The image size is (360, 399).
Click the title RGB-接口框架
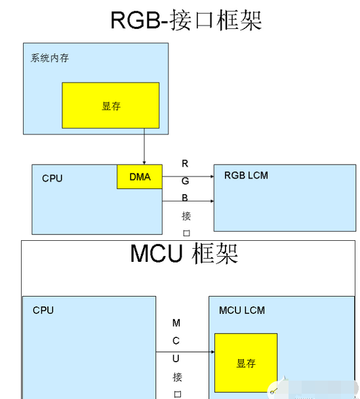(186, 20)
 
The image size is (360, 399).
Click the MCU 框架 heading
(184, 253)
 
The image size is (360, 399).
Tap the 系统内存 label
(50, 58)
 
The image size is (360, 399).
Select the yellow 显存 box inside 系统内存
(111, 106)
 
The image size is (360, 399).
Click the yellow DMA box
(140, 177)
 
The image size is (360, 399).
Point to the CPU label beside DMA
(52, 178)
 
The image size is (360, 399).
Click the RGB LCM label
(246, 175)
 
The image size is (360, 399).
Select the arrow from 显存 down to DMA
(144, 146)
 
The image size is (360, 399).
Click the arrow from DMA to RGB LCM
(188, 177)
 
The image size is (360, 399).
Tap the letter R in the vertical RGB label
(185, 163)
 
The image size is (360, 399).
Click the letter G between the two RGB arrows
(185, 181)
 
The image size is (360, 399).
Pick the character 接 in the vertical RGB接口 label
(186, 216)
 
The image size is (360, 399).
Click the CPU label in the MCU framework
(43, 310)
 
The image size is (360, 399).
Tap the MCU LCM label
(242, 310)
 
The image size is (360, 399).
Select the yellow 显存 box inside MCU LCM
(246, 363)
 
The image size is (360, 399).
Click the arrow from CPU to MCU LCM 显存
(185, 352)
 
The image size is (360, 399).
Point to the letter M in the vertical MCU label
(176, 323)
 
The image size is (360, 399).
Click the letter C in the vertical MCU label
(176, 341)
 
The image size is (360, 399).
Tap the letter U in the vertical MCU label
(176, 358)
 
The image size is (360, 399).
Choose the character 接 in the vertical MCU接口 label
(178, 377)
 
